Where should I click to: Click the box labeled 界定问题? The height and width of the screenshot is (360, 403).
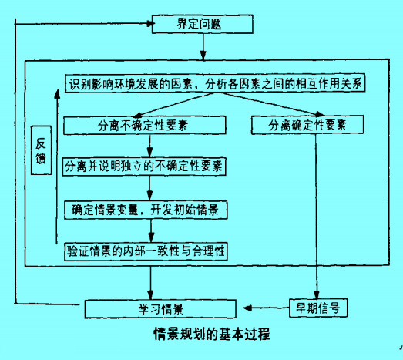(x=203, y=24)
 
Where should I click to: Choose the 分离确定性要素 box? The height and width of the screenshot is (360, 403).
(x=307, y=125)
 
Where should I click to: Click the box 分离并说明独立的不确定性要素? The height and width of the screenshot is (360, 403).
(x=146, y=166)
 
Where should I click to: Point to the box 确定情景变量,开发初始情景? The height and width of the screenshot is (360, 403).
(x=146, y=208)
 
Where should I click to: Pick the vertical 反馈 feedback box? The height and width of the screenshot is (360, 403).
(x=42, y=151)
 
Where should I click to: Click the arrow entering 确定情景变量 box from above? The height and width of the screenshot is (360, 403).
(x=149, y=189)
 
